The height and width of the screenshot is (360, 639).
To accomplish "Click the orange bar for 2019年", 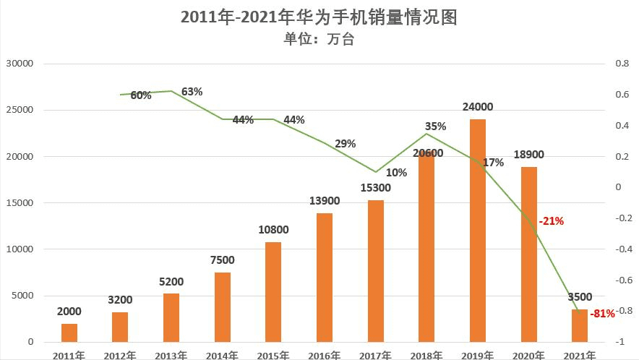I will pyautogui.click(x=478, y=230).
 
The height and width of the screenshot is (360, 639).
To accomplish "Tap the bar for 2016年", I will pyautogui.click(x=325, y=277).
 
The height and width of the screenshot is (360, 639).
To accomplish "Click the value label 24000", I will pyautogui.click(x=478, y=107).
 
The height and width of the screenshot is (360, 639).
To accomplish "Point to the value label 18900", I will pyautogui.click(x=528, y=154).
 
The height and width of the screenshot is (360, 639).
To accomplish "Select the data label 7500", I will pyautogui.click(x=223, y=260).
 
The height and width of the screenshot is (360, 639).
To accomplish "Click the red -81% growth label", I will pyautogui.click(x=603, y=314).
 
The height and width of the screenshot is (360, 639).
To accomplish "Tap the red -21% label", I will pyautogui.click(x=551, y=221).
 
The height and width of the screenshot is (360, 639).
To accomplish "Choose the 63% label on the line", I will pyautogui.click(x=192, y=92).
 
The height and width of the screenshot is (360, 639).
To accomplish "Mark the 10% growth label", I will pyautogui.click(x=397, y=173).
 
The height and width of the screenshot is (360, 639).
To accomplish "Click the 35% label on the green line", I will pyautogui.click(x=437, y=127).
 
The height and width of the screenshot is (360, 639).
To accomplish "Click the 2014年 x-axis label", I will pyautogui.click(x=222, y=355).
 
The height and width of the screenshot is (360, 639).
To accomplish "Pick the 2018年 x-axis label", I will pyautogui.click(x=426, y=355).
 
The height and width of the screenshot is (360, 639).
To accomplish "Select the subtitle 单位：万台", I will pyautogui.click(x=319, y=40).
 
